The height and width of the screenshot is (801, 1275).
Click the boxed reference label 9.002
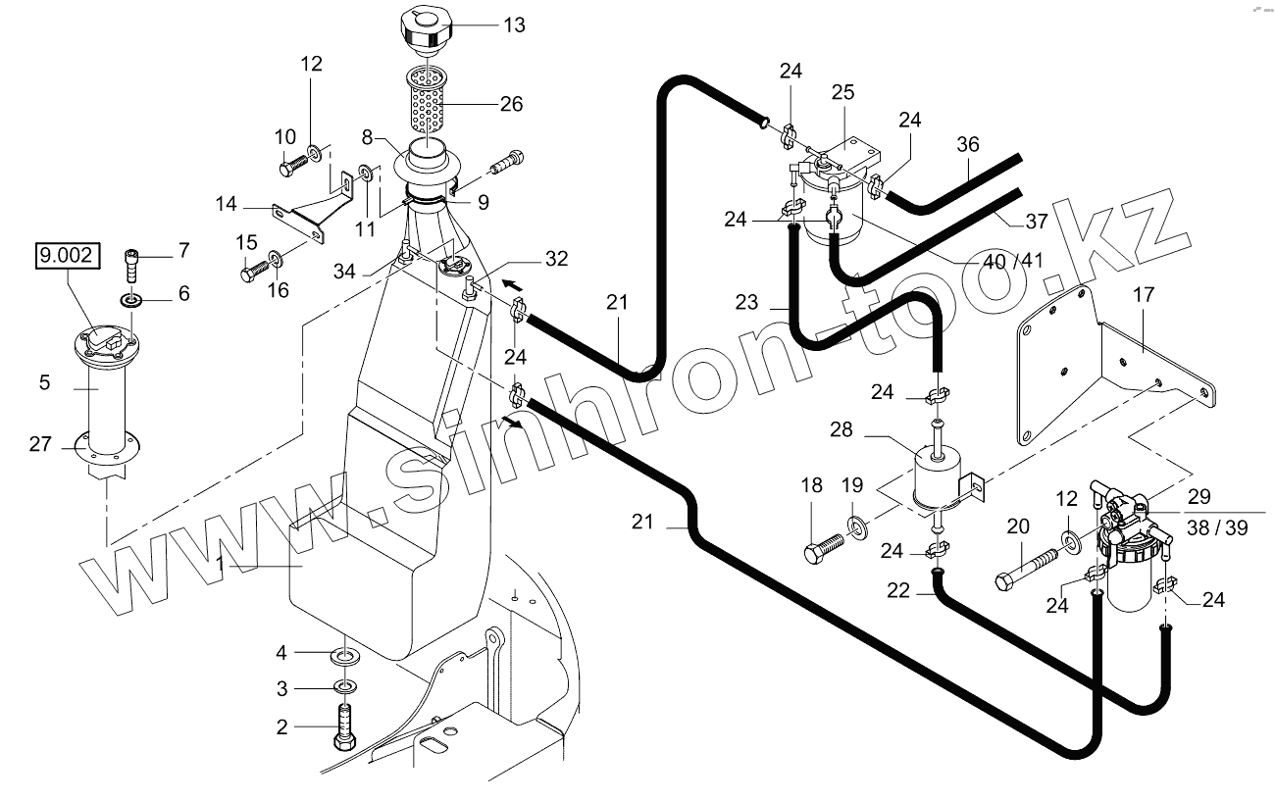[67, 257]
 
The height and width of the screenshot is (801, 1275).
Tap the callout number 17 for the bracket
[1144, 294]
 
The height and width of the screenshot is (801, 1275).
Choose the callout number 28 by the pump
[841, 430]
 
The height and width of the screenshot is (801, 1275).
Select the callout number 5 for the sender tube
[44, 382]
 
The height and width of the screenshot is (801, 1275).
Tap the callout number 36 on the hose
[968, 144]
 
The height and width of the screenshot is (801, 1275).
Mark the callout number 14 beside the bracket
[227, 204]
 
